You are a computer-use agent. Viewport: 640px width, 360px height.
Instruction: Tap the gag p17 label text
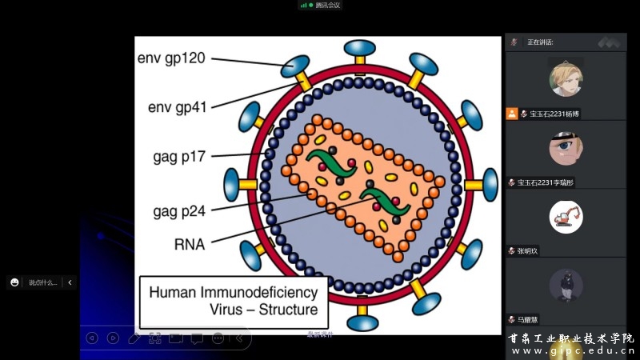[x=179, y=156]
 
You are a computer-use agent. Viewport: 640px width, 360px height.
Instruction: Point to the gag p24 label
[x=179, y=211]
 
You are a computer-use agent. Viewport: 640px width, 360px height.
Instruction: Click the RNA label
[x=190, y=243]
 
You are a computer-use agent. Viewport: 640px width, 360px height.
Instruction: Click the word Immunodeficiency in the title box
[x=264, y=293]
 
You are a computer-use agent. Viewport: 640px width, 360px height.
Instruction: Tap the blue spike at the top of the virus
[x=359, y=48]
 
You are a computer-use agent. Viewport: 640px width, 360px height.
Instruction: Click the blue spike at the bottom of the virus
[x=363, y=322]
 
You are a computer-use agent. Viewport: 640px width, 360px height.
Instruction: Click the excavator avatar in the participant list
[x=566, y=217]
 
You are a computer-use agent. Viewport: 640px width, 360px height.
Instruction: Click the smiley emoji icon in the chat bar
[x=14, y=282]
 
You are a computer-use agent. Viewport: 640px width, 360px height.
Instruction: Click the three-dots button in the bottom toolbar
[x=218, y=338]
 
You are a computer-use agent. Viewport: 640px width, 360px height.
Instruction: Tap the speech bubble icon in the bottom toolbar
[x=196, y=338]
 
